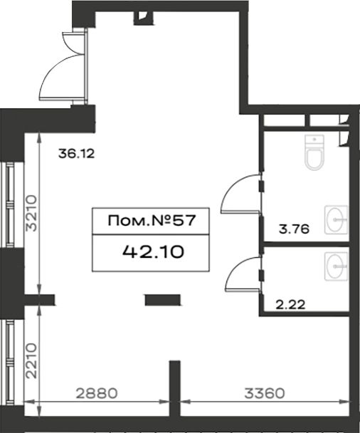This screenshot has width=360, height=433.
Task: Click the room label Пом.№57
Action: [x=152, y=221]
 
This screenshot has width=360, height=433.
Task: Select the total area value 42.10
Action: [x=153, y=252]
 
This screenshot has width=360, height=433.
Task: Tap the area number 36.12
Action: [x=76, y=154]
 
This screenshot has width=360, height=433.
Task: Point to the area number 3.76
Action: [x=294, y=229]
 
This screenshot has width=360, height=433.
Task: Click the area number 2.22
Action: [x=290, y=305]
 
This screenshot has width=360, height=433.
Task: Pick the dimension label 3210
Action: [x=31, y=213]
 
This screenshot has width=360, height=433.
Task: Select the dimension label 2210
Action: [x=31, y=360]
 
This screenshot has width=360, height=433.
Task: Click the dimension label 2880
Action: [x=97, y=393]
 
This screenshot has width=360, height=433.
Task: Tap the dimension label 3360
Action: [x=264, y=393]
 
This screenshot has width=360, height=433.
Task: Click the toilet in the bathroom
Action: [x=314, y=152]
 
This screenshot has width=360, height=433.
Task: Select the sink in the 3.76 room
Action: [x=337, y=219]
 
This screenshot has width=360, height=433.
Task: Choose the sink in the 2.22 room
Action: [x=337, y=266]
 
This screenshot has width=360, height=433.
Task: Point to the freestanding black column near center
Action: [x=163, y=300]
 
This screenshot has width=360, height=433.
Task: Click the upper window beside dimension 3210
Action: [x=10, y=204]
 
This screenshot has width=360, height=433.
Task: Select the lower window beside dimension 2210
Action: [x=10, y=362]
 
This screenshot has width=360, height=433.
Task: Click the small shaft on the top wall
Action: [x=143, y=18]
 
